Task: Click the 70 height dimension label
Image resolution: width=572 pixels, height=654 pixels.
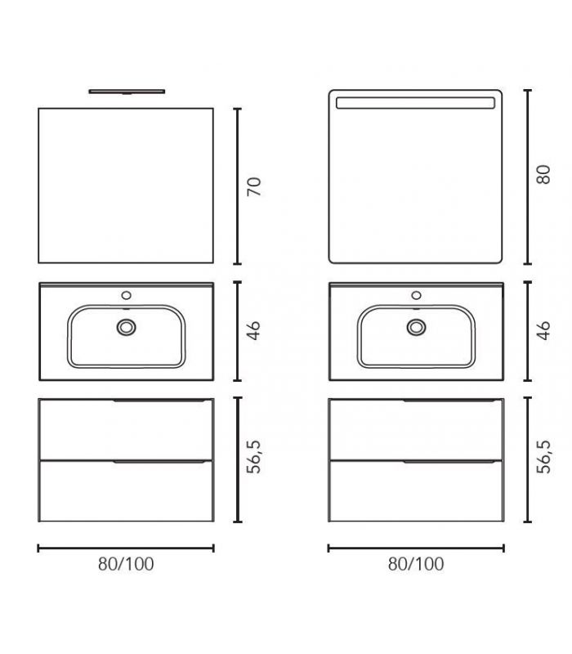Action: [254, 186]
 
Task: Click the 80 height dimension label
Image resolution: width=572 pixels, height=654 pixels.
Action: [543, 175]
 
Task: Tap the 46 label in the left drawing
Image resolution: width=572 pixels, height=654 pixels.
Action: [254, 331]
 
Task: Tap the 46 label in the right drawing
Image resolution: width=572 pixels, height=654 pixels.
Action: [543, 331]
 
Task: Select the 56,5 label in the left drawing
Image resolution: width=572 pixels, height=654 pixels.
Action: [254, 457]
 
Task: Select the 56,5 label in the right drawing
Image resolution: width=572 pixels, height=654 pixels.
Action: [543, 457]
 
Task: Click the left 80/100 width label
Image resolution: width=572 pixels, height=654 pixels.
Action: [126, 564]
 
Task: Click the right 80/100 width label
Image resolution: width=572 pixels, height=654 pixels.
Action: [416, 564]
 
